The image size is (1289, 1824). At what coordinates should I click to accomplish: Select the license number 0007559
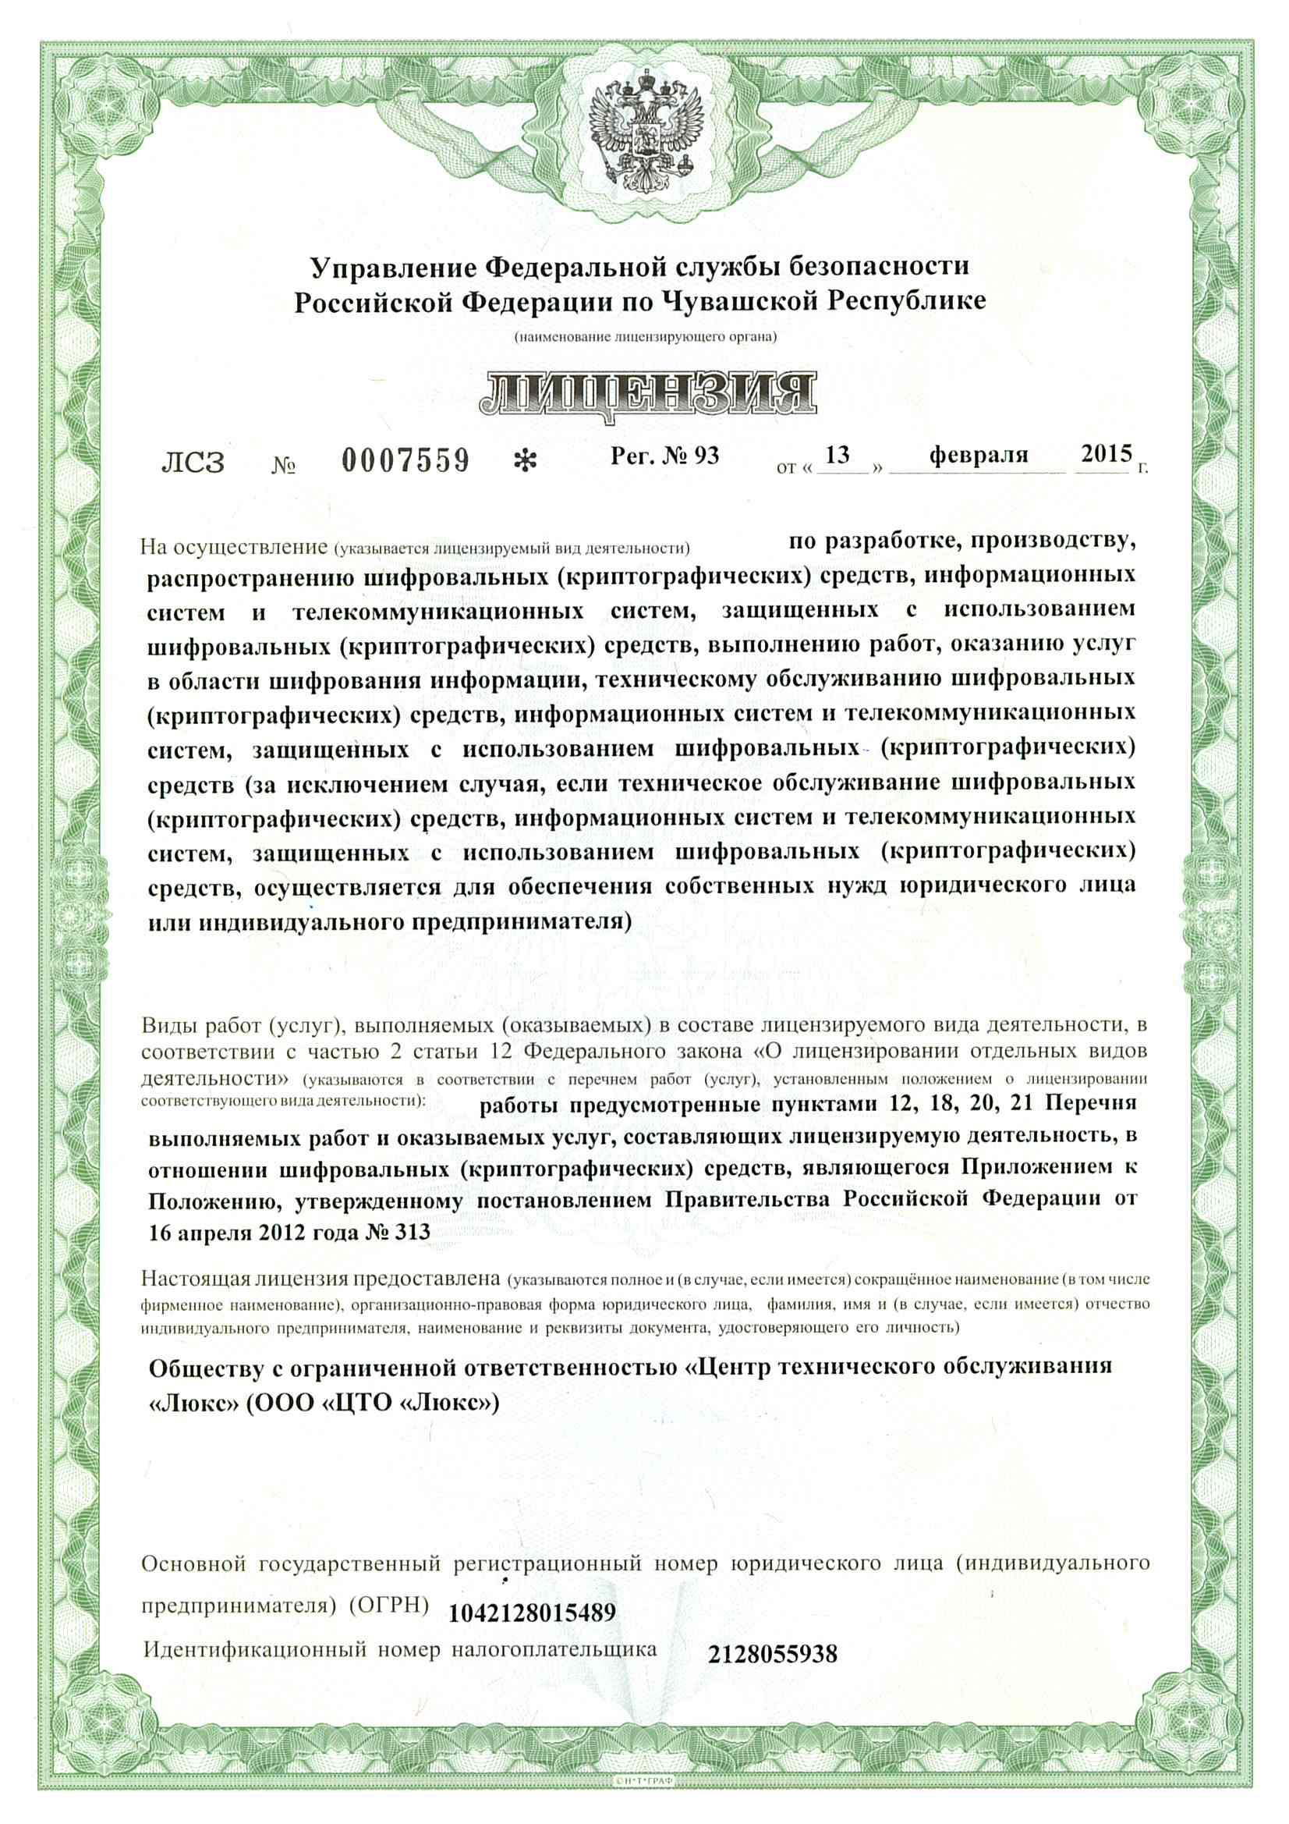[405, 461]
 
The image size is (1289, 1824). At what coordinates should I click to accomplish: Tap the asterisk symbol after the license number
[525, 461]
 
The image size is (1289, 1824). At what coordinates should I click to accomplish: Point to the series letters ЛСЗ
[193, 463]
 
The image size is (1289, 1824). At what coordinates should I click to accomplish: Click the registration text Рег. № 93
[664, 455]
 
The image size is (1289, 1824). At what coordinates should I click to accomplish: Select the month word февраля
[979, 455]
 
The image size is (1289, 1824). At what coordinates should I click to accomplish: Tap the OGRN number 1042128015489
[532, 1613]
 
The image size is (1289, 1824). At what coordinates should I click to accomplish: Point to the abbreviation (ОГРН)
[388, 1604]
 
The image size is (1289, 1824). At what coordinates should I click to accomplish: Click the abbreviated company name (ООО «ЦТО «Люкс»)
[372, 1403]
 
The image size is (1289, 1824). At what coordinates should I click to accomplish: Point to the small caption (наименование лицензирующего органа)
[645, 337]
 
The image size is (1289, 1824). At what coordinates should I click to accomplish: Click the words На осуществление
[234, 547]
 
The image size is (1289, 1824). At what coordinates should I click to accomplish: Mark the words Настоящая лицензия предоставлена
[320, 1278]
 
